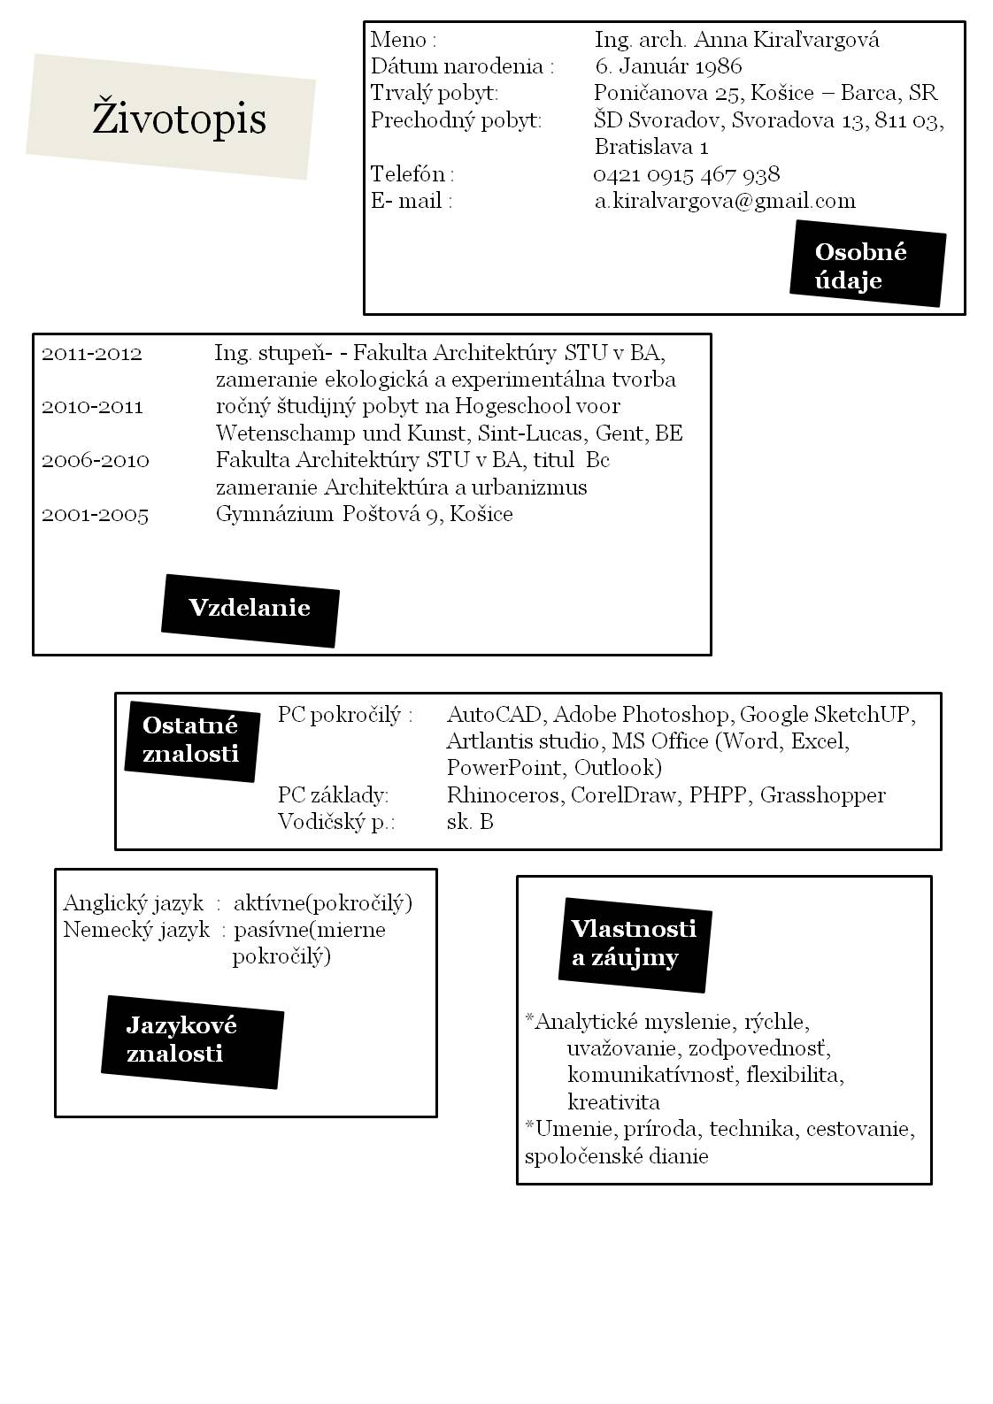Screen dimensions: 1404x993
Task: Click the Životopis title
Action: pos(179,118)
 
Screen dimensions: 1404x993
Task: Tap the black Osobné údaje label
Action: pos(866,265)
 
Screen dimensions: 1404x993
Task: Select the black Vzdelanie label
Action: pos(250,609)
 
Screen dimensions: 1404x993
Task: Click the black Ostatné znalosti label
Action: pos(191,739)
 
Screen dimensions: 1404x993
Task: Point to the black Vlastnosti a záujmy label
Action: pos(634,943)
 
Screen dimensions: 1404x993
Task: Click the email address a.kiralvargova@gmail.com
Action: pos(724,201)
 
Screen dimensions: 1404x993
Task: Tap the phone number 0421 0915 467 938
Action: pos(686,174)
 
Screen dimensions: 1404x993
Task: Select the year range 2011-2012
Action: pos(91,354)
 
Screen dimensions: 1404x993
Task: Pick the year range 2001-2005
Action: pos(95,515)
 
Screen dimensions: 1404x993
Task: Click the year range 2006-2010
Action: pos(95,461)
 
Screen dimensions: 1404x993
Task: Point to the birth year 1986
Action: pos(718,66)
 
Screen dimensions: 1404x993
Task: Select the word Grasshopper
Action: pos(822,795)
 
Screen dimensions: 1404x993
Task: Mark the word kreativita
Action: pos(613,1102)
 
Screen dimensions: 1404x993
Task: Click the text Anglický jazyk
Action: pos(133,903)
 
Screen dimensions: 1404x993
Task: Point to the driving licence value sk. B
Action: pos(470,822)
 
